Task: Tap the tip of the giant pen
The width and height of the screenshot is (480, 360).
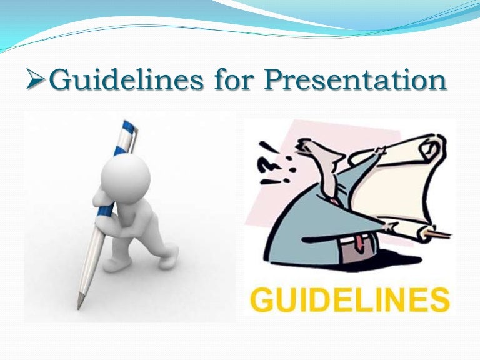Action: [79, 306]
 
